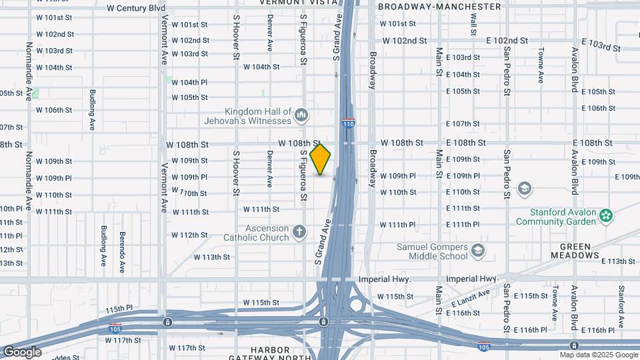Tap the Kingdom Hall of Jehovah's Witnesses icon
tap(301, 115)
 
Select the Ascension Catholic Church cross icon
tap(300, 233)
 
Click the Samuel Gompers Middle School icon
tap(477, 251)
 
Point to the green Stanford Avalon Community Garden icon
tap(605, 215)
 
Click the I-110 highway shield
tap(348, 123)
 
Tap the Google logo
tap(22, 351)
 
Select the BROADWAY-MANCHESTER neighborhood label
tap(439, 7)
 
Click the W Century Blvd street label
tap(136, 8)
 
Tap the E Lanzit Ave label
tap(470, 299)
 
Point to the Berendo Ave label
tap(122, 243)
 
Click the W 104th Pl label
tap(190, 83)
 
